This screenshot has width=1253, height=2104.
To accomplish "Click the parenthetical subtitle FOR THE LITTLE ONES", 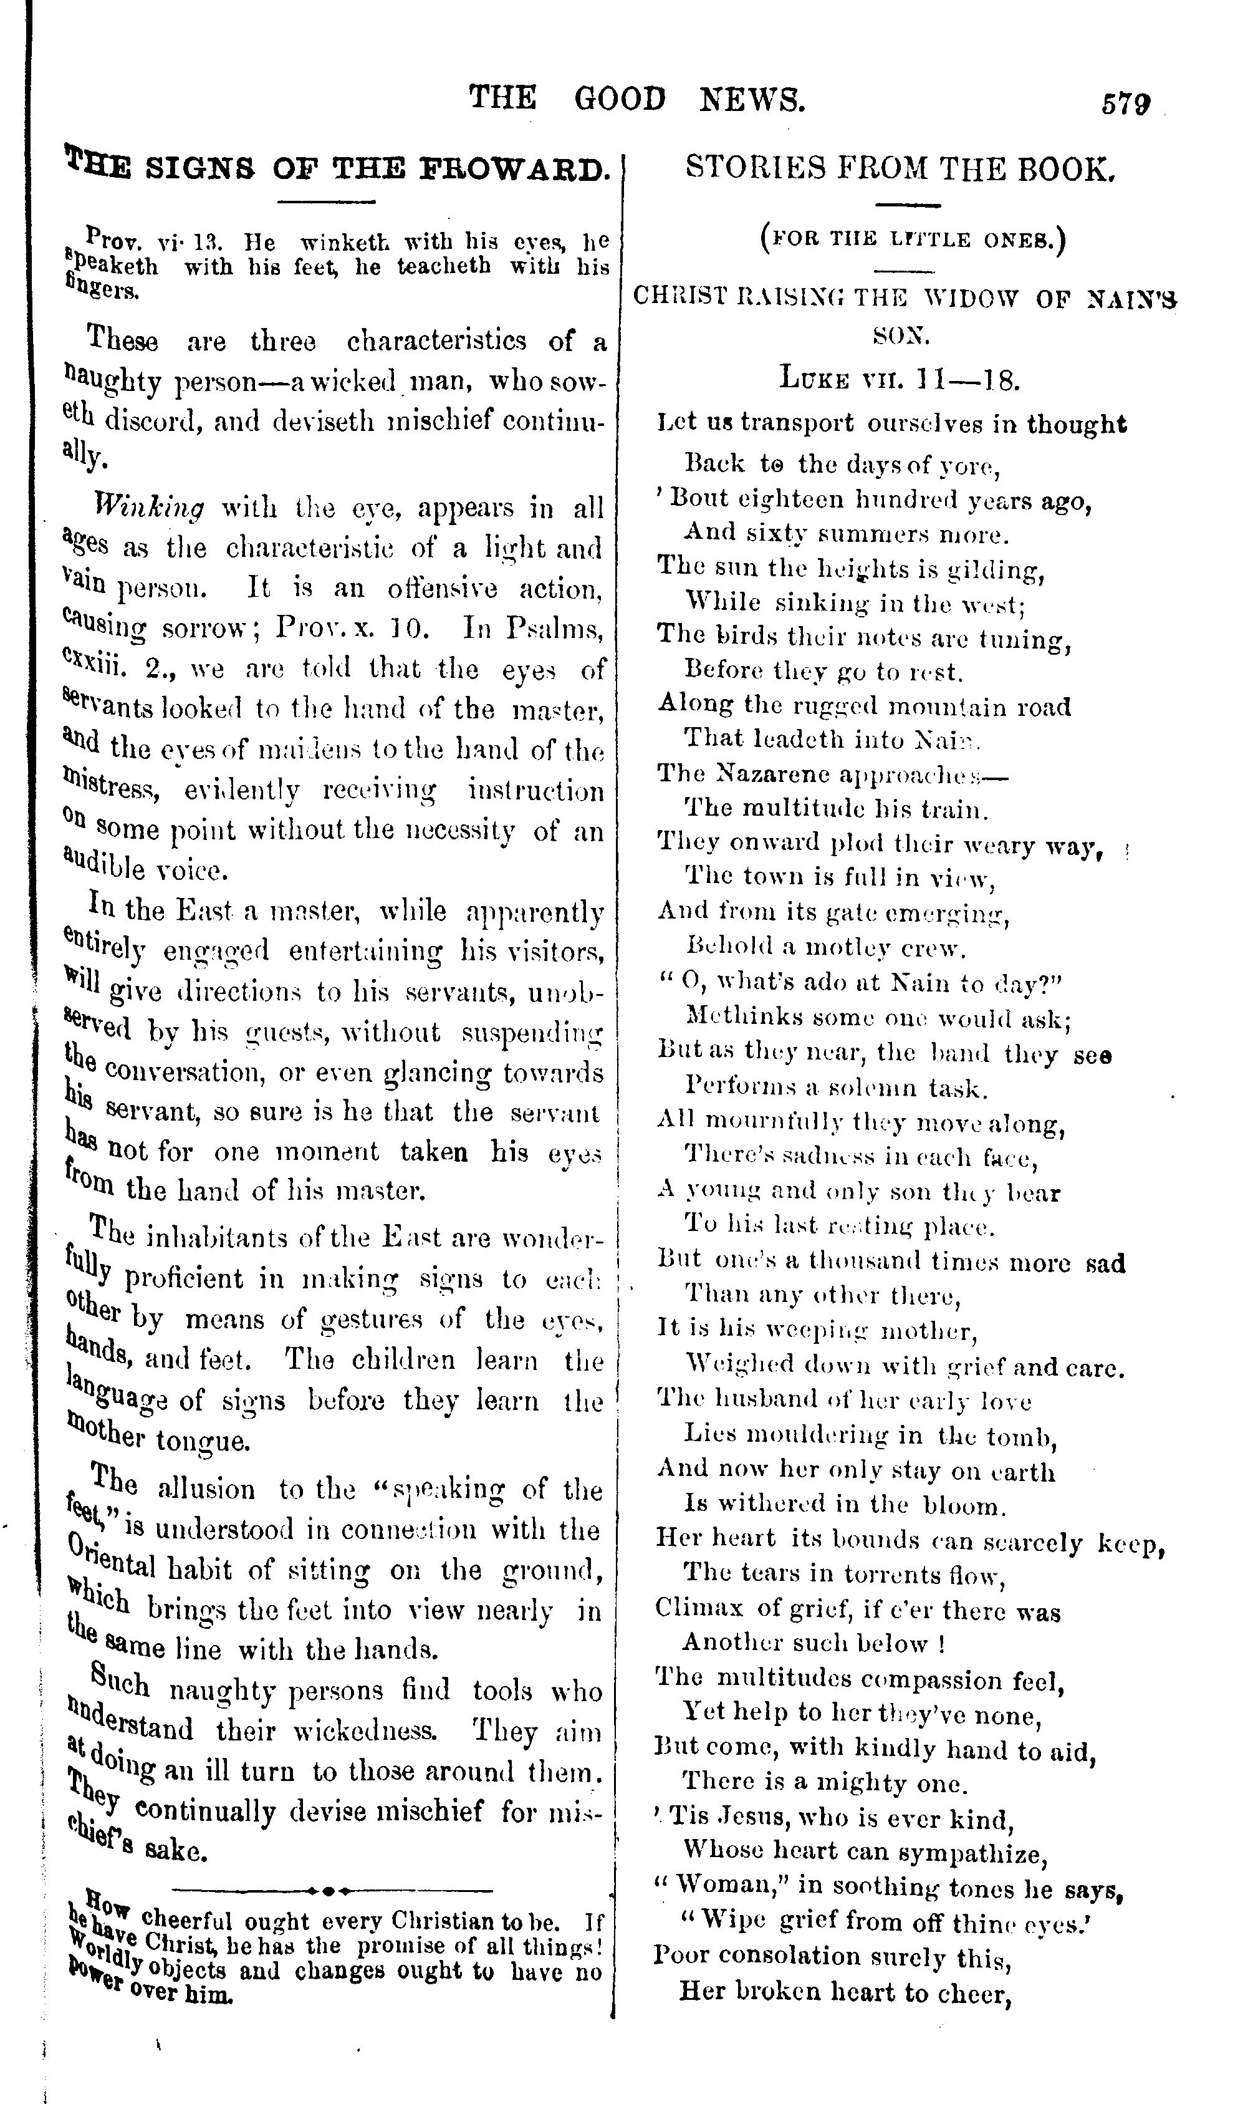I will pos(913,240).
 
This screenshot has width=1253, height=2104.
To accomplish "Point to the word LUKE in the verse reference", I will pos(813,379).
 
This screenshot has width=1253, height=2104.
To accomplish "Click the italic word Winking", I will pos(150,508).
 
